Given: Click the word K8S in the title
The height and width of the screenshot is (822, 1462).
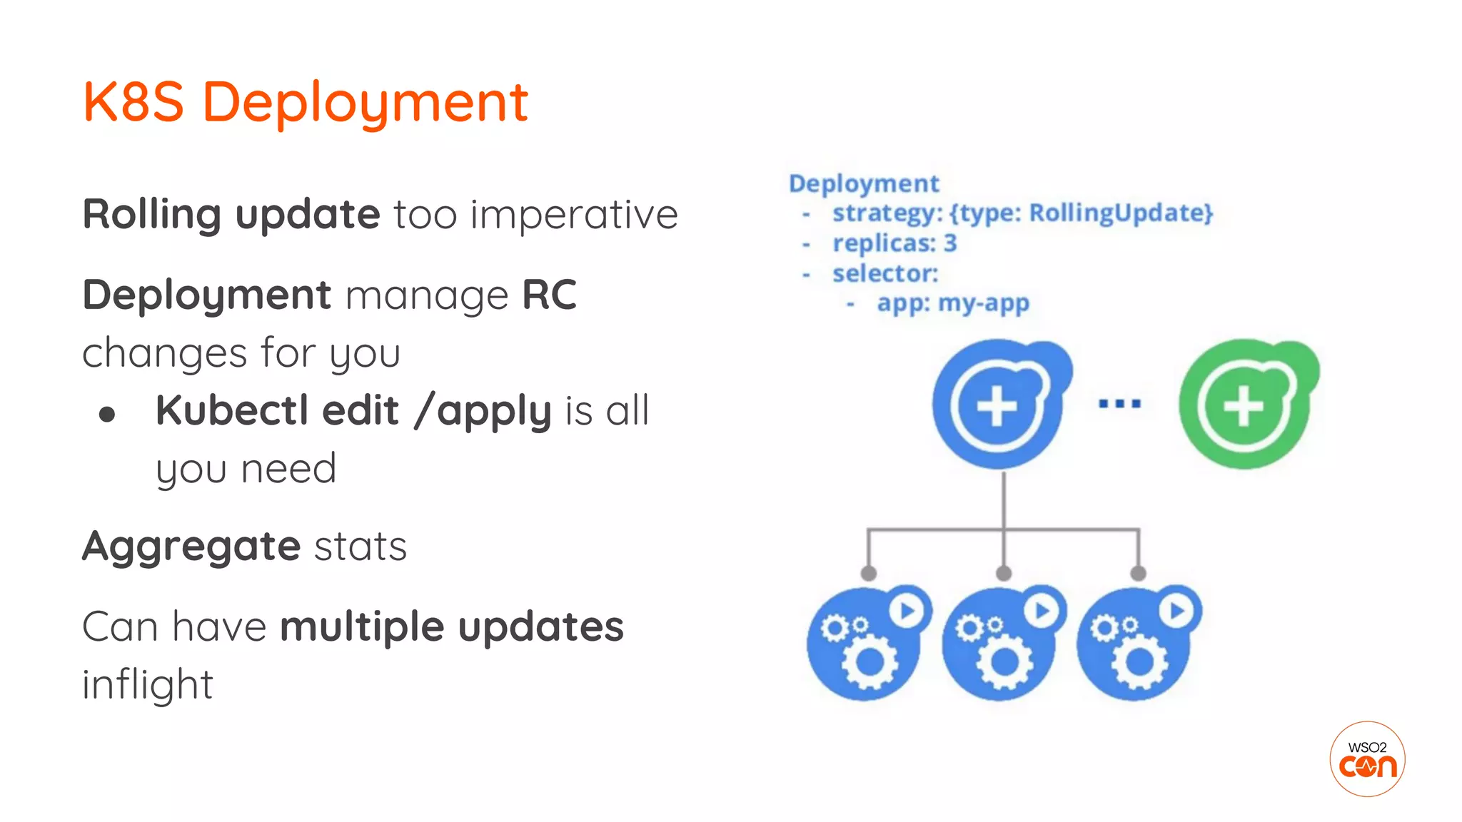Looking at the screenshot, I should [x=133, y=102].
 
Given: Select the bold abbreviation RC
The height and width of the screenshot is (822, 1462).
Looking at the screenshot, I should [x=549, y=295].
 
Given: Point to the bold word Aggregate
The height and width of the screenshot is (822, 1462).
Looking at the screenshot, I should [x=191, y=547].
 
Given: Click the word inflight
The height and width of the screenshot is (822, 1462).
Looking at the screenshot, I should [x=148, y=684].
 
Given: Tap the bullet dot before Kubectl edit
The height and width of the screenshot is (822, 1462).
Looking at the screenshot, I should [x=107, y=415].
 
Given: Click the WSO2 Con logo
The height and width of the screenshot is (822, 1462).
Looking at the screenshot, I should [x=1367, y=758].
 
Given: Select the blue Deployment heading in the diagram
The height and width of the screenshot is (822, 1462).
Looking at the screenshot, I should [x=864, y=183].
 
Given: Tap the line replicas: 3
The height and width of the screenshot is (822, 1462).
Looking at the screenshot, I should [x=894, y=243].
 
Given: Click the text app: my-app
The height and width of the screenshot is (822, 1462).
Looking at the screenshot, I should [x=953, y=303].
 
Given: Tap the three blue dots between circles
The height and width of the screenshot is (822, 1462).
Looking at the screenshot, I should [x=1119, y=404].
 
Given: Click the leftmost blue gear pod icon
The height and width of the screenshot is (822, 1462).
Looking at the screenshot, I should [x=864, y=646].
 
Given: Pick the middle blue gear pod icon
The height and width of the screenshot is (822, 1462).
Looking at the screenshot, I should [x=999, y=646].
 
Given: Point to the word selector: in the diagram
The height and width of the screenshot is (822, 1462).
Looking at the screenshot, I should [x=885, y=273].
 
